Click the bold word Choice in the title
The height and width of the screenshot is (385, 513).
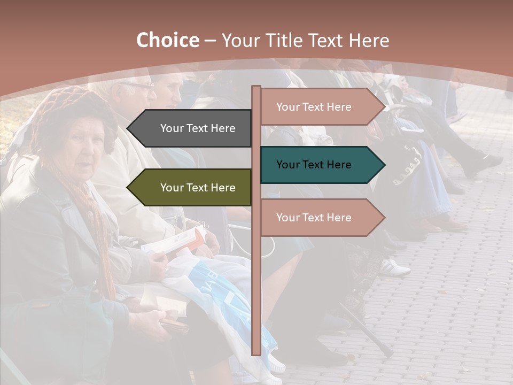click(x=167, y=41)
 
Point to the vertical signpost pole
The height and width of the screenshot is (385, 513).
click(x=256, y=294)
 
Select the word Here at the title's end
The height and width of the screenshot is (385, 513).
click(x=369, y=41)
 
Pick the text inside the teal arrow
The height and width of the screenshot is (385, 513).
click(x=314, y=165)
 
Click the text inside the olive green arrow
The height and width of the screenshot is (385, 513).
click(x=198, y=188)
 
